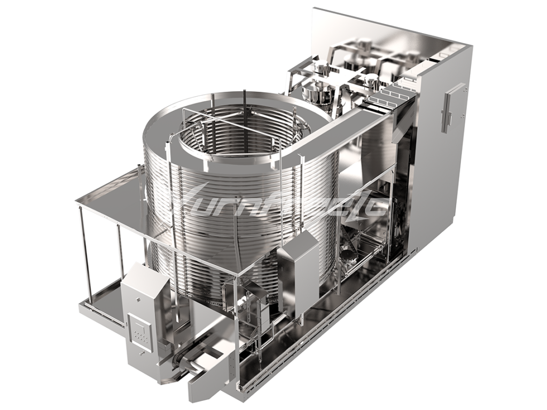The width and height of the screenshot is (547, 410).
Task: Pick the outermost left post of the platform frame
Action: tap(82, 251)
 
